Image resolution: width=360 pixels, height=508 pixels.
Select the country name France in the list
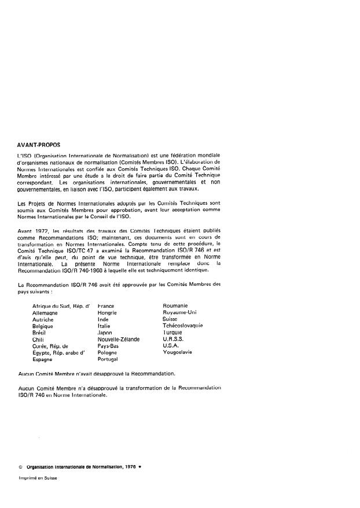pos(108,305)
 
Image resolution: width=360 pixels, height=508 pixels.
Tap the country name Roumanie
pos(177,305)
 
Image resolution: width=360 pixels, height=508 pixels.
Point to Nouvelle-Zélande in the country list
pos(119,339)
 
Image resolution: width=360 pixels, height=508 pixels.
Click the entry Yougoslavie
pos(180,352)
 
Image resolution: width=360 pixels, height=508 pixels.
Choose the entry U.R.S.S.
pos(174,339)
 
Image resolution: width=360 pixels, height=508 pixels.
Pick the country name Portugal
pos(110,359)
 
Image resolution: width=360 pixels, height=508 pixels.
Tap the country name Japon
pos(105,332)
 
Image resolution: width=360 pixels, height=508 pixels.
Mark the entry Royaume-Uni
pos(180,312)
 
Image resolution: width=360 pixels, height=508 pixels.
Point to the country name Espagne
pos(44,359)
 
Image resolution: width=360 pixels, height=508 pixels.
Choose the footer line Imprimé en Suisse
pos(38,478)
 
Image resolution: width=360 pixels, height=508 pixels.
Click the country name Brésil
pos(42,332)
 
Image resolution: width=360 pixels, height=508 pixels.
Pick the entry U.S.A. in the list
pos(171,345)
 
